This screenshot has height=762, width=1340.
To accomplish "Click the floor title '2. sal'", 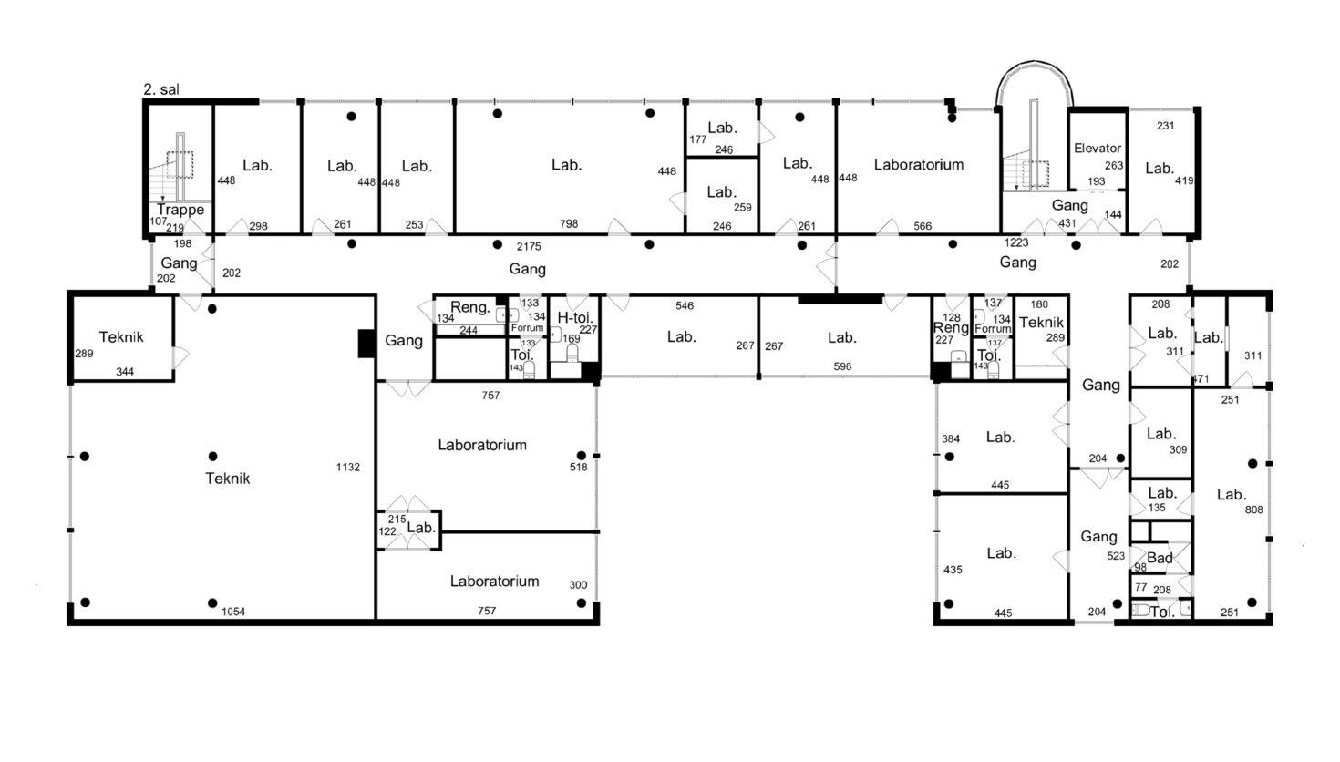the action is click(x=161, y=89).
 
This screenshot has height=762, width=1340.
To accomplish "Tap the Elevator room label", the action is click(x=1098, y=148).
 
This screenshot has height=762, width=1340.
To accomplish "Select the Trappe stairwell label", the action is click(x=180, y=210).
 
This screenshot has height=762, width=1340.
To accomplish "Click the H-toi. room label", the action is click(x=575, y=317).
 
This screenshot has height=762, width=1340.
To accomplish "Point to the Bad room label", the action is click(x=1160, y=558).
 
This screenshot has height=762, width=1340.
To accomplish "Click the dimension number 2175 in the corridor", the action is click(x=529, y=246).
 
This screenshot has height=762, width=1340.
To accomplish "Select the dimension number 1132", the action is click(x=347, y=467).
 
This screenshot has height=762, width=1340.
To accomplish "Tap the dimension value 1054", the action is click(x=233, y=612).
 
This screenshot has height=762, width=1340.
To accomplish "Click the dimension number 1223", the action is click(x=1016, y=242).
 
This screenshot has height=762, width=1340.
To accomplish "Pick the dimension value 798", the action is click(x=569, y=223).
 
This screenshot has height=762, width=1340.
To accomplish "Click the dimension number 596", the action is click(x=842, y=366).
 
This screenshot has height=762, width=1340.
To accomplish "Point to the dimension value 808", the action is click(x=1254, y=510).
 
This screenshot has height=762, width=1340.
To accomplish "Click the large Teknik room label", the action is click(x=227, y=479).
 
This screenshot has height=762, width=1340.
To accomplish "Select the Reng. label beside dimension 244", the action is click(x=470, y=307).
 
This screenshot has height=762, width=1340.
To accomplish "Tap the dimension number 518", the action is click(x=579, y=467).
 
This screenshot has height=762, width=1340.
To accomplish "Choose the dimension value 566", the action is click(x=923, y=226).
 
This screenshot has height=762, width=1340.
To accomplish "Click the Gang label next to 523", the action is click(x=1098, y=537).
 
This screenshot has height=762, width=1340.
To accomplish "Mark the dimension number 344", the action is click(x=124, y=372).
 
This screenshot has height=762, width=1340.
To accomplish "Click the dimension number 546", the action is click(x=685, y=305).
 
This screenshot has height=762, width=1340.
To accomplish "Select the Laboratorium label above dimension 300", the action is click(x=494, y=582).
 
